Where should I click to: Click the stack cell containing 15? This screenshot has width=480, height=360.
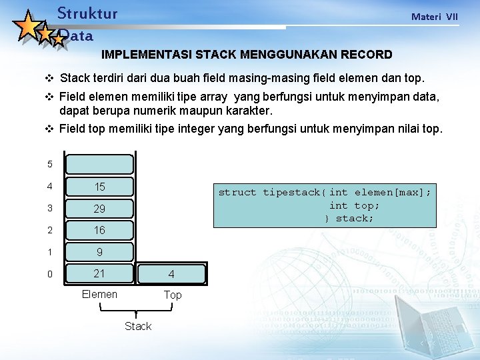[x=99, y=187]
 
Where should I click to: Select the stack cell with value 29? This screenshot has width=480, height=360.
[x=99, y=209]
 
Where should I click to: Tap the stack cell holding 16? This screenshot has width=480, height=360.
[x=99, y=230]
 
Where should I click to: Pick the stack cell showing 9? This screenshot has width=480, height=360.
[x=99, y=252]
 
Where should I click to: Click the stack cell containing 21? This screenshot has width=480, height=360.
[x=99, y=273]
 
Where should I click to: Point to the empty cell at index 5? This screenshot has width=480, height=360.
[x=99, y=165]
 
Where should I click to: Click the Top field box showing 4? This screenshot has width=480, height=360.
[x=172, y=273]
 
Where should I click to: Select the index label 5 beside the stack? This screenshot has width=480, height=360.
[x=49, y=165]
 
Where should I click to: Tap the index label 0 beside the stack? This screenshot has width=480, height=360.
[x=49, y=273]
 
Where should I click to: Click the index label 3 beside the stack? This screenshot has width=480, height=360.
[x=49, y=209]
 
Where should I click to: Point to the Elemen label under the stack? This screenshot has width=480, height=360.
[x=99, y=294]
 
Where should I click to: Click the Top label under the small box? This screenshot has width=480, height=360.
[x=173, y=295]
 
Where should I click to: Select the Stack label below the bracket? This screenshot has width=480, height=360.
[x=138, y=326]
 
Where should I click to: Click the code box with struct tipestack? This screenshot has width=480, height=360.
[x=325, y=205]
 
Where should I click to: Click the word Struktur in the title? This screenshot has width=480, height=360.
[x=87, y=13]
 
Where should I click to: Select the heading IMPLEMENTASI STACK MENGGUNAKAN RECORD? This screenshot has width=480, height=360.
[x=247, y=54]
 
